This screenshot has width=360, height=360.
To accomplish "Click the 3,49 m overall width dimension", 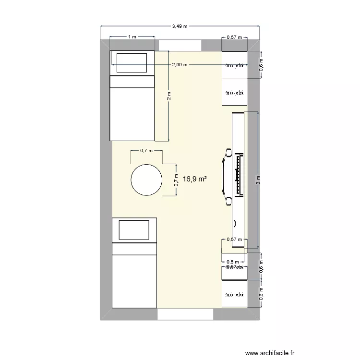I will (x=180, y=26).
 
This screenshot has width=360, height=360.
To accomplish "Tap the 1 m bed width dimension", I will (x=132, y=37).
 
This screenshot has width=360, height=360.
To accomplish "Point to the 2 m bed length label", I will (x=169, y=96).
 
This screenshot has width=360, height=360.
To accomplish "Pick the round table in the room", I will (x=146, y=180).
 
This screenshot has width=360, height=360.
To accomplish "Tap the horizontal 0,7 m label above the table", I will (x=146, y=150).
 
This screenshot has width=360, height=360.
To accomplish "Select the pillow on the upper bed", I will (x=132, y=62).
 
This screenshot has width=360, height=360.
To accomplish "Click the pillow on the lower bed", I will (x=135, y=230).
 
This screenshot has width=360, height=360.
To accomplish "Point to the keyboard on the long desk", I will (x=237, y=176).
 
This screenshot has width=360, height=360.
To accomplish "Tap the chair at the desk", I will (x=226, y=176).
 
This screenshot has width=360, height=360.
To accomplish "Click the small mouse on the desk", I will (x=235, y=223).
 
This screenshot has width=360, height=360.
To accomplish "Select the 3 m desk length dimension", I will (x=259, y=180).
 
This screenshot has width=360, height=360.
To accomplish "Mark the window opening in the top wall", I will (x=180, y=45).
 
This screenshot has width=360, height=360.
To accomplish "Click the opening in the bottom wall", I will (x=185, y=314).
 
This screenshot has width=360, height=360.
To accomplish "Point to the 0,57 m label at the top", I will (x=234, y=37).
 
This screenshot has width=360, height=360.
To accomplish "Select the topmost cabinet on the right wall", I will (x=234, y=64).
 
